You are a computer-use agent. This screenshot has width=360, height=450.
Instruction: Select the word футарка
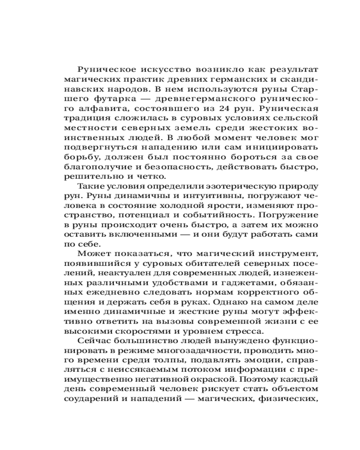click(118, 99)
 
